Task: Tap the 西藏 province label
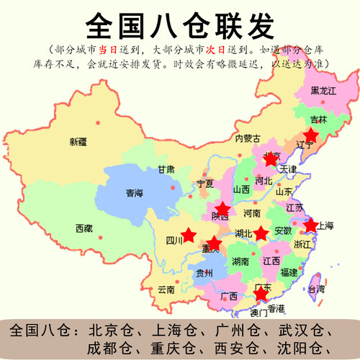tap(84, 228)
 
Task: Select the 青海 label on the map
tap(134, 193)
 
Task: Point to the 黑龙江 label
tap(323, 91)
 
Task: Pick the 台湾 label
tap(316, 289)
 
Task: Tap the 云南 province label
tap(166, 289)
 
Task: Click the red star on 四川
tap(188, 235)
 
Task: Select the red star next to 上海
tap(310, 225)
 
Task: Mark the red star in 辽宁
tap(311, 135)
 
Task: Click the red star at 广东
tap(263, 293)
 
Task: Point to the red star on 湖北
tap(261, 233)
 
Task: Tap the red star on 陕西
tap(222, 208)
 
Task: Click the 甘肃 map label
tap(166, 170)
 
